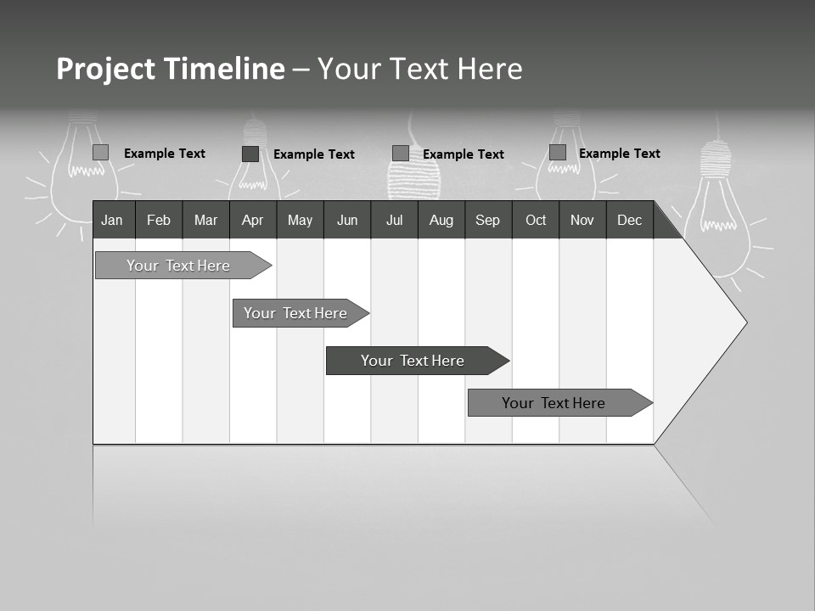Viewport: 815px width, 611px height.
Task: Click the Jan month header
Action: pos(112,220)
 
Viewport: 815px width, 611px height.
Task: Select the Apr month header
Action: pos(252,220)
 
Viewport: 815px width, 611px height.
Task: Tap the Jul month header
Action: pos(394,220)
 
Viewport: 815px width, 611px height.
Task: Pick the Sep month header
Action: pos(487,220)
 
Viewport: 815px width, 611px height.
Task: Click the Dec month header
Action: pos(629,220)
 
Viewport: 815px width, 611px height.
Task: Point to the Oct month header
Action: pos(536,220)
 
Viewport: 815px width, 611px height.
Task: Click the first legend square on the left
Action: pos(101,153)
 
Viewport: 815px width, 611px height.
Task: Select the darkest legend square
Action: pos(250,154)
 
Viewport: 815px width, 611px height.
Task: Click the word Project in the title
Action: pos(105,69)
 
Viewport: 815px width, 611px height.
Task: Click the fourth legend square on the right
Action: pos(558,153)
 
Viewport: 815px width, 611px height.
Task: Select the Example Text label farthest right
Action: pos(619,154)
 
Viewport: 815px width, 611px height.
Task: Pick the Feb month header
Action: pos(159,220)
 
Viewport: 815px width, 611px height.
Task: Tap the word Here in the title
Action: pos(490,69)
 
